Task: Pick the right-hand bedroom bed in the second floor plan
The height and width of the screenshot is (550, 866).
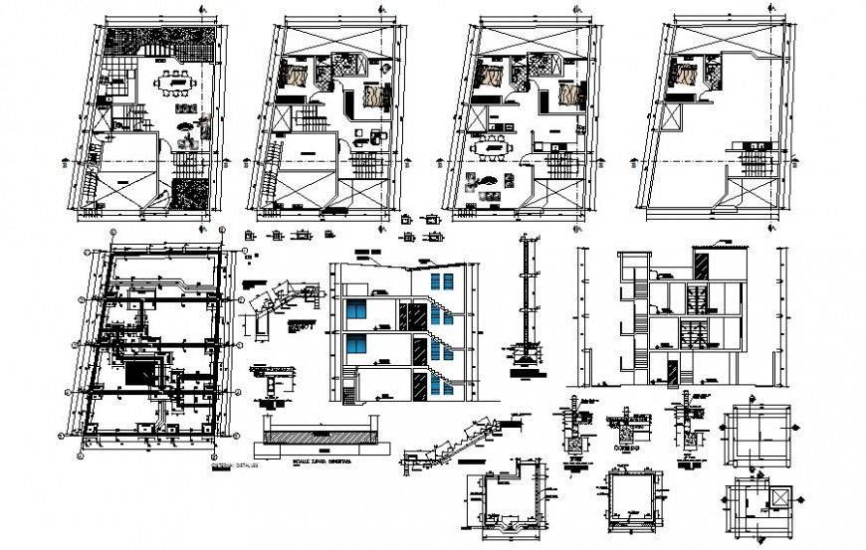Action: (x=373, y=96)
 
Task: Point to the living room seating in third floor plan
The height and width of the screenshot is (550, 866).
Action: (x=491, y=183)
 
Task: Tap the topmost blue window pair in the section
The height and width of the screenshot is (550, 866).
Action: (x=438, y=281)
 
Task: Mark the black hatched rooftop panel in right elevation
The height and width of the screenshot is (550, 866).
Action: (x=702, y=266)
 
